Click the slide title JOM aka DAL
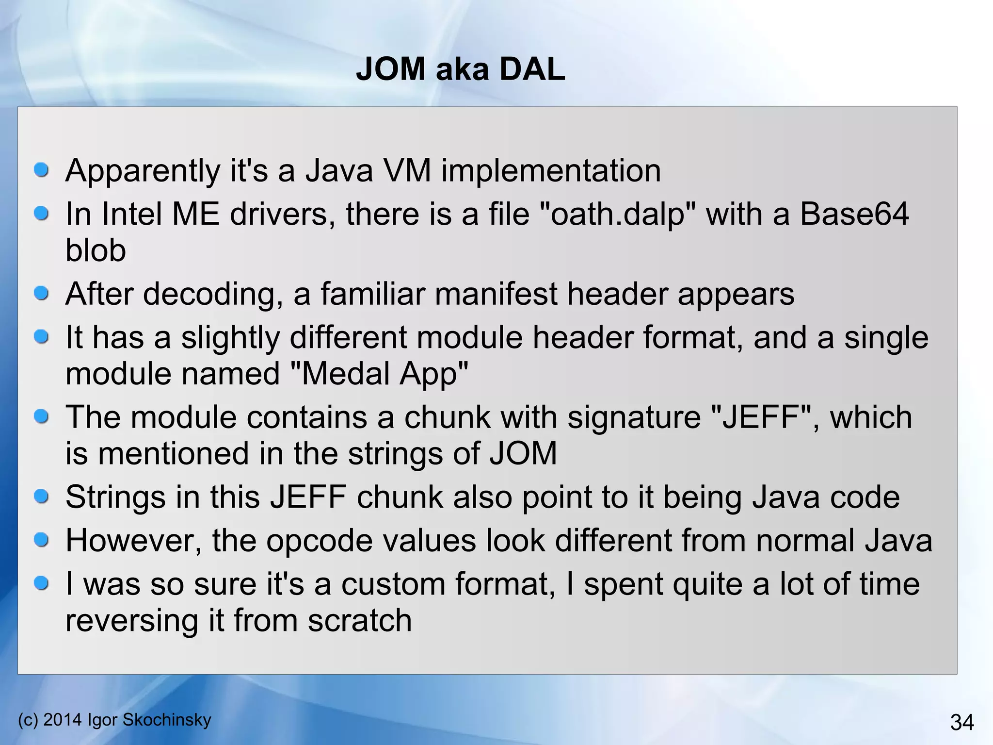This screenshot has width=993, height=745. (x=460, y=69)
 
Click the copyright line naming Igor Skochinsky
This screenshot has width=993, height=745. (x=114, y=720)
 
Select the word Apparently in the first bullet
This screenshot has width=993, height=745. (x=143, y=171)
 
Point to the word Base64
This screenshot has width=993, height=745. (x=854, y=214)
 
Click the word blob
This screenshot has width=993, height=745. (x=96, y=251)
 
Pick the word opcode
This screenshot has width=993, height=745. (x=314, y=541)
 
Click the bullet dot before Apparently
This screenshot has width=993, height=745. (x=42, y=170)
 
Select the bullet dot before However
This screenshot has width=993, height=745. (x=42, y=540)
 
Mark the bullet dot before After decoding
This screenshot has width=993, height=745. (x=42, y=293)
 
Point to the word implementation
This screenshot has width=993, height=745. (x=551, y=171)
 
